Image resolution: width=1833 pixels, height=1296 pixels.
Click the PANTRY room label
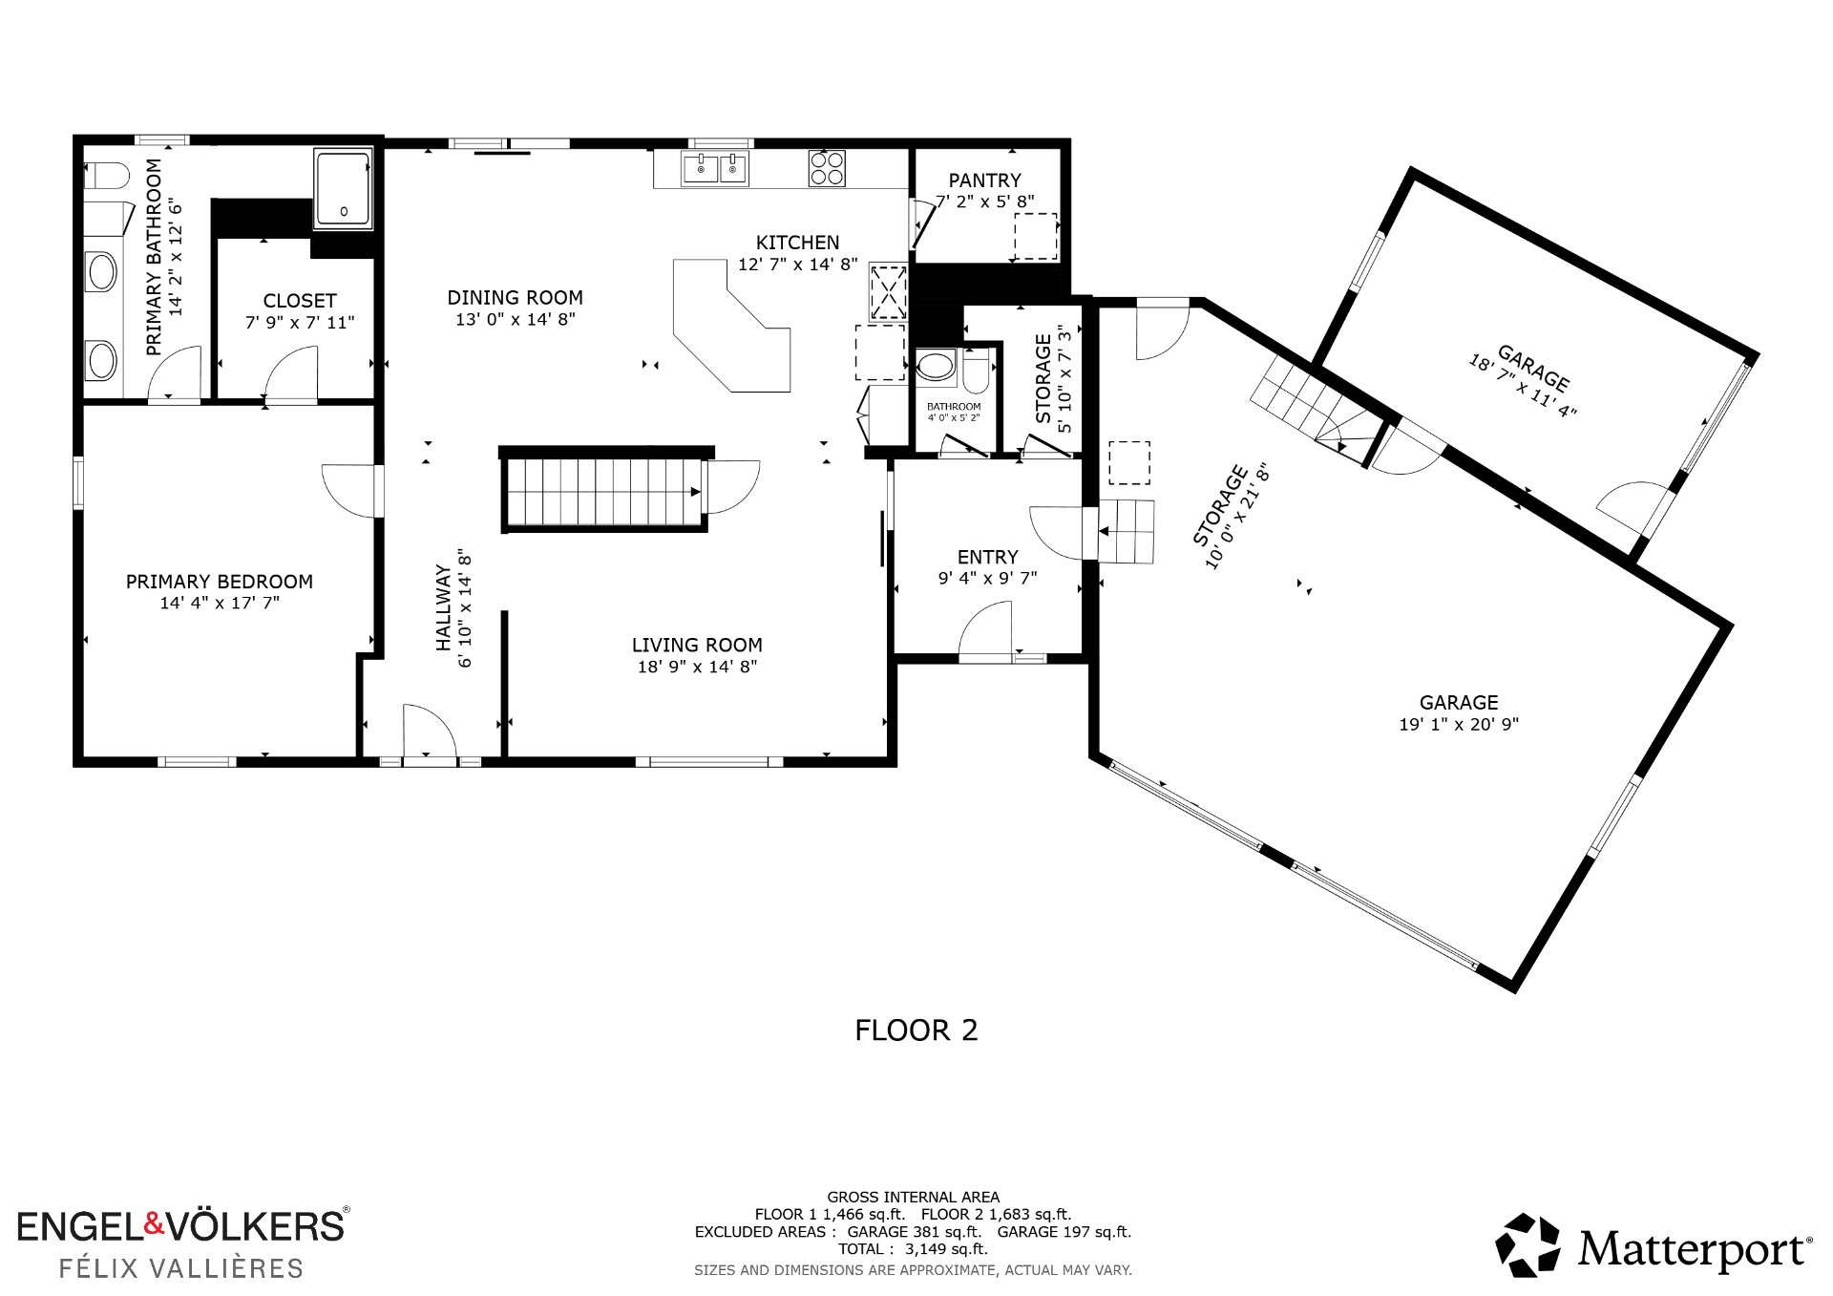984,180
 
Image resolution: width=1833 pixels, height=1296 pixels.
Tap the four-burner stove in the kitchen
827,169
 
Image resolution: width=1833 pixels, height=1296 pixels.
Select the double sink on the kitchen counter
715,169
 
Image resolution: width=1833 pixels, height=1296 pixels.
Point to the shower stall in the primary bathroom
343,189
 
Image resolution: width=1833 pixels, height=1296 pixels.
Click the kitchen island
732,325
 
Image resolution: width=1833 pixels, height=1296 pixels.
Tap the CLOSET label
300,301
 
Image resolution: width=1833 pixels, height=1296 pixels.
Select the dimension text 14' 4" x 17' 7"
220,603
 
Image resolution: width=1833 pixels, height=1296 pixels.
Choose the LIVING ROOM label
697,645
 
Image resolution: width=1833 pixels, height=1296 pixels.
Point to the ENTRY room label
987,557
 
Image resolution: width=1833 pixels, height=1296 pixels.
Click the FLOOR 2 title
916,1030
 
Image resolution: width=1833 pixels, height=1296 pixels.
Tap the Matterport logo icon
1527,1245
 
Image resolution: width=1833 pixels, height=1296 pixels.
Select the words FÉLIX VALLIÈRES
181,1268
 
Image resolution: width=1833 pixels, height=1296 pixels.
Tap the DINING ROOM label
515,298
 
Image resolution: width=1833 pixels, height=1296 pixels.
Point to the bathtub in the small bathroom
936,367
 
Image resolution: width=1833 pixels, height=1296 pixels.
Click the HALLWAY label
443,607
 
